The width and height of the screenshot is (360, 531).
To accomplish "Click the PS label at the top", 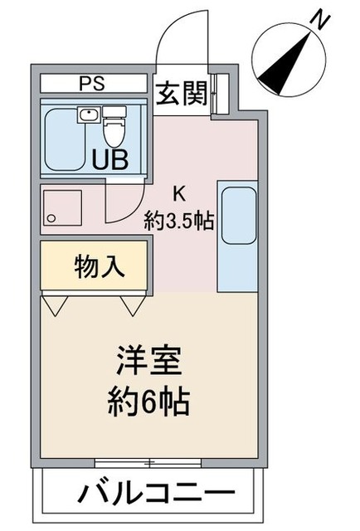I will [x=92, y=84].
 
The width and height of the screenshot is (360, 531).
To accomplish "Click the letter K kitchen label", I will [x=178, y=195].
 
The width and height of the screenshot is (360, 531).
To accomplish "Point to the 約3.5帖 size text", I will [x=179, y=221].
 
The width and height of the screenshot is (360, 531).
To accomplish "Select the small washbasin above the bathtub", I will [x=87, y=115].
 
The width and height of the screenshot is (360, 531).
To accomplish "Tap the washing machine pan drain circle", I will [x=51, y=219].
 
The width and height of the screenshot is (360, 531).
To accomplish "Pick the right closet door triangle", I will [x=134, y=306].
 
